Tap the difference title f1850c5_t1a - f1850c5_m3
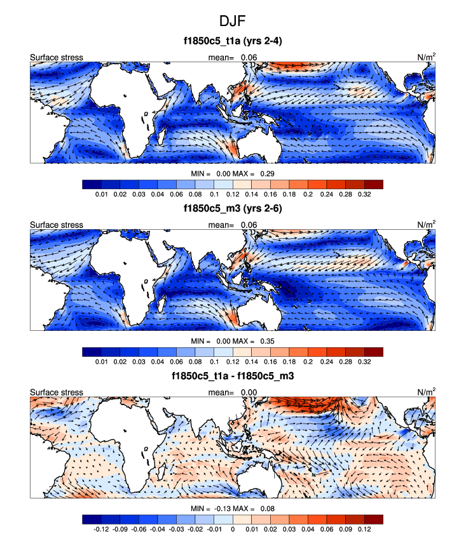tap(233, 377)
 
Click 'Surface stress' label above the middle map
tap(57, 225)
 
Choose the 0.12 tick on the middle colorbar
tap(233, 361)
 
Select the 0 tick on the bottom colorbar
tap(233, 528)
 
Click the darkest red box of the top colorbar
tap(374, 184)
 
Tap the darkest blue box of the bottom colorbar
tap(92, 519)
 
